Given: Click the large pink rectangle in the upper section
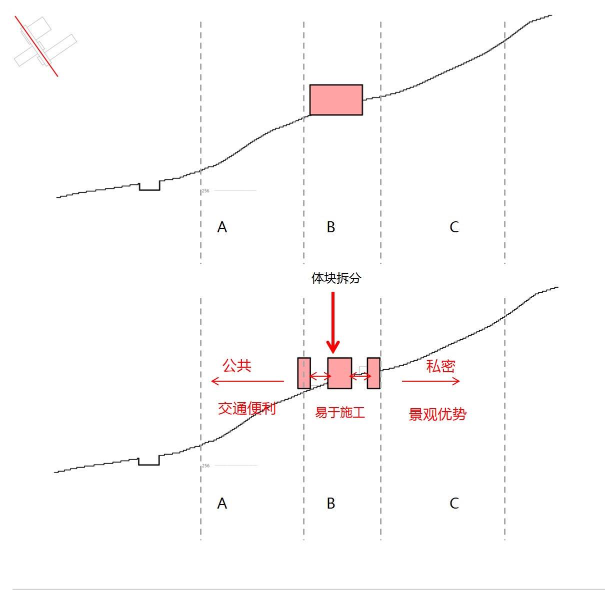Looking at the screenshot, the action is coord(336,100).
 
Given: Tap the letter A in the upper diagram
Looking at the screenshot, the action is coord(222,227).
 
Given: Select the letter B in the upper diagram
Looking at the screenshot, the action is coord(331,227).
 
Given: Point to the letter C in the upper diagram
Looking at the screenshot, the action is coord(454,227).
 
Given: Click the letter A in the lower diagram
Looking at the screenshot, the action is coord(222,503).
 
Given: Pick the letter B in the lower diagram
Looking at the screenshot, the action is coord(331,503).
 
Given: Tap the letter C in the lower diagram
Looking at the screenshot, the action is coord(454,503).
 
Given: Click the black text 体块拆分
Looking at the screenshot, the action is coord(336,278).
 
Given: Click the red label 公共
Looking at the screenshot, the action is coord(237,366).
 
